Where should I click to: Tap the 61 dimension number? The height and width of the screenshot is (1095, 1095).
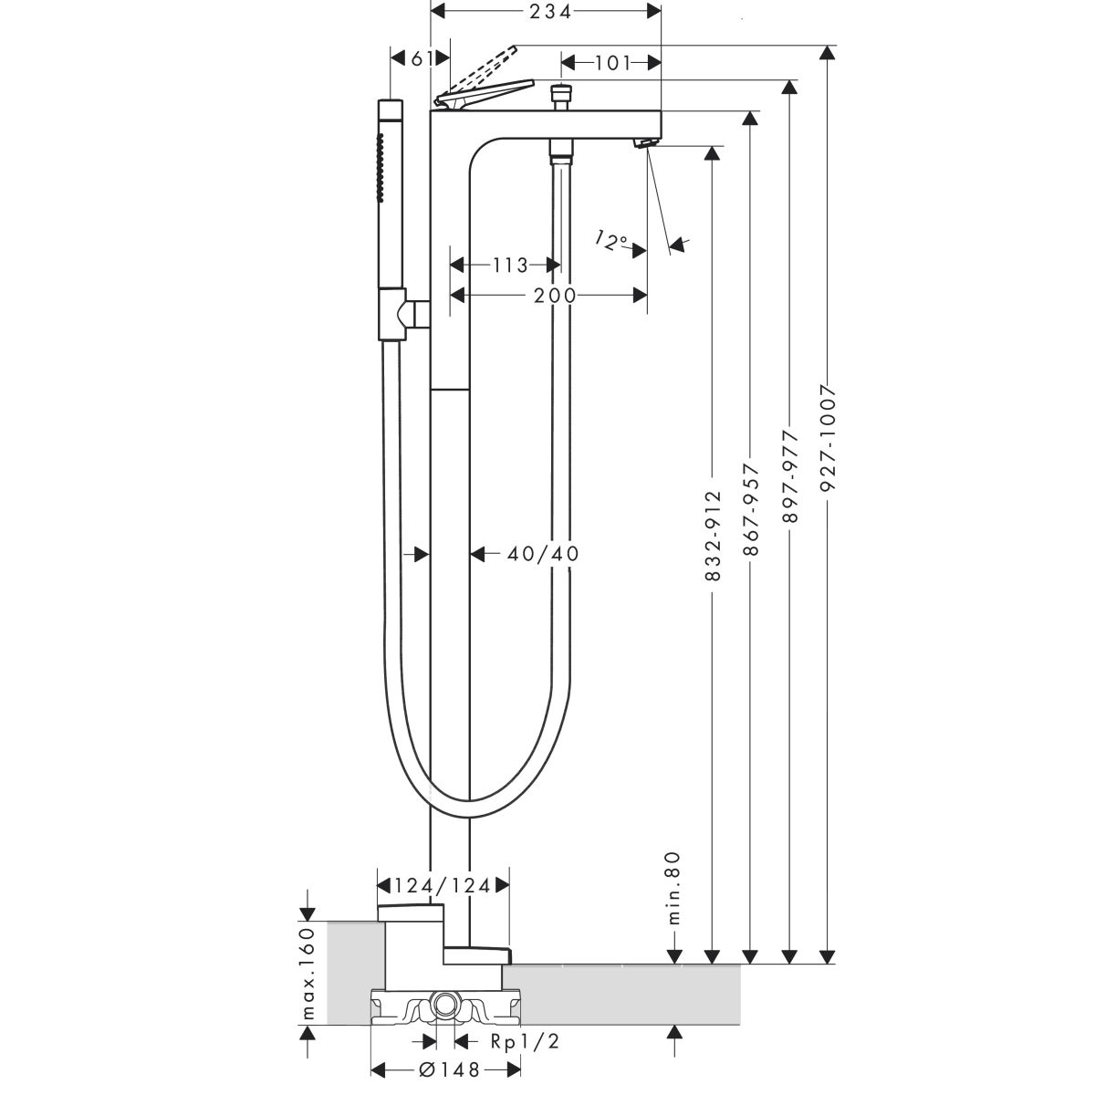(421, 58)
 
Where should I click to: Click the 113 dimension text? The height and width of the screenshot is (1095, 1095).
(509, 266)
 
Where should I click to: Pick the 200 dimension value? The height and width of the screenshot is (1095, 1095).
(557, 295)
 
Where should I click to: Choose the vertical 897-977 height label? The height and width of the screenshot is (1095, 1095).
(791, 477)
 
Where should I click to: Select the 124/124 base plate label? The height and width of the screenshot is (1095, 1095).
(443, 885)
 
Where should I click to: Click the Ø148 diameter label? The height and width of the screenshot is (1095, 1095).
(447, 1071)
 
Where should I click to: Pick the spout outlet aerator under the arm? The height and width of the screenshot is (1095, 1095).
(645, 143)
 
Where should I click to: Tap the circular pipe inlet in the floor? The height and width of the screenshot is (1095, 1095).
(444, 1005)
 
